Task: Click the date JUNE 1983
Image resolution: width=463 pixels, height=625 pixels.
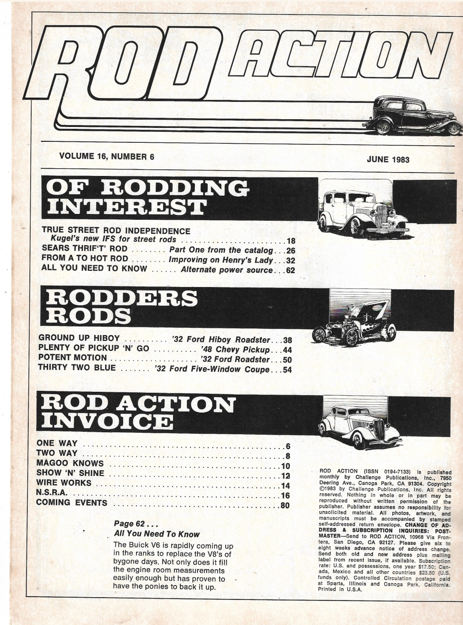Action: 388,159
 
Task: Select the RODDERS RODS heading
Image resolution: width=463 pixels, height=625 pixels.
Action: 120,306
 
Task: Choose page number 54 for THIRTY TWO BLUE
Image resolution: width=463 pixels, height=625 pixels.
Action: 287,370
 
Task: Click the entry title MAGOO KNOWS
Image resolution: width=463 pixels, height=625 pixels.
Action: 70,463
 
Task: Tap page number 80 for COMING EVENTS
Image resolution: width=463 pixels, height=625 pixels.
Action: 285,505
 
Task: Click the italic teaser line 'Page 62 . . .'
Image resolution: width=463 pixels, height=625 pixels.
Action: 133,524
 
